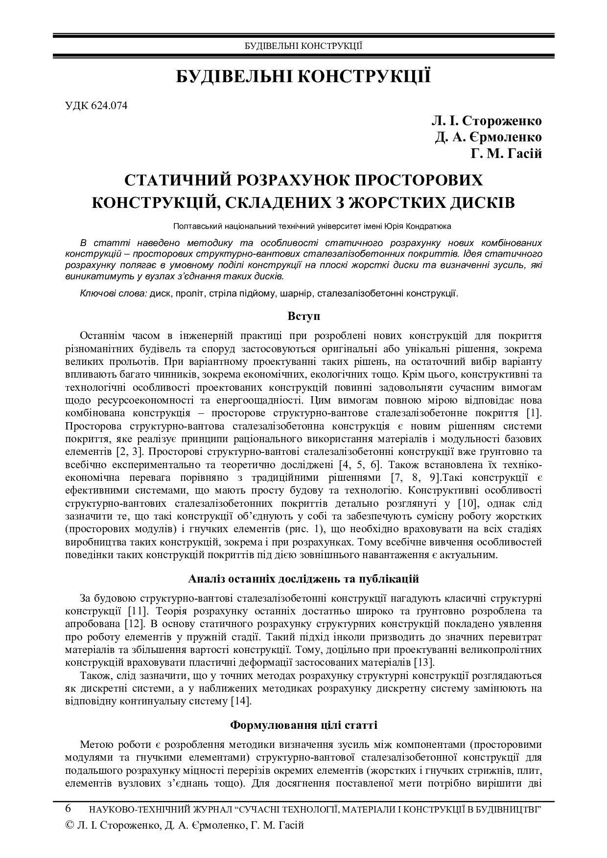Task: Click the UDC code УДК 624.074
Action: [96, 105]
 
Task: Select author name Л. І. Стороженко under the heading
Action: [487, 121]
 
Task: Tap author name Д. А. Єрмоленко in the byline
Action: [489, 137]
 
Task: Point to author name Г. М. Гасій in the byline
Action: [507, 154]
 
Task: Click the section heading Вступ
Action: [303, 316]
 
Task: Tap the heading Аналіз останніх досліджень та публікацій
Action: [303, 579]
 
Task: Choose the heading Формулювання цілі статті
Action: [303, 725]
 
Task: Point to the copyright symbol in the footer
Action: [69, 825]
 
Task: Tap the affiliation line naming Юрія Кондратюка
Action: [312, 226]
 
